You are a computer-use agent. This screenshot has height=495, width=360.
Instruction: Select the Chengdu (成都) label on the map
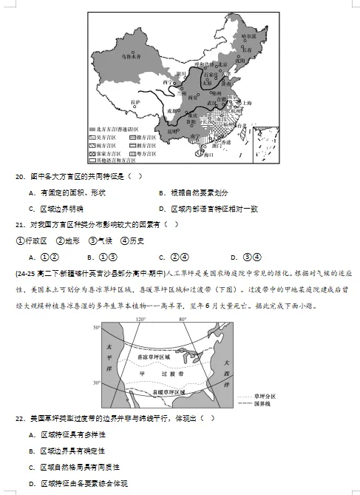(173, 110)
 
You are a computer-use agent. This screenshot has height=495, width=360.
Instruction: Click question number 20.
(19, 177)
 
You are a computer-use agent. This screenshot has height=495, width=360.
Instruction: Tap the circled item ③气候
(99, 240)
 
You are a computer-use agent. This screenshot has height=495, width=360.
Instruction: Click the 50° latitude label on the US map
(97, 327)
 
